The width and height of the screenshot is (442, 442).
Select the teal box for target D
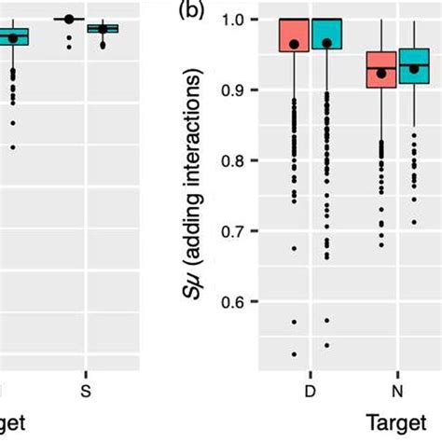326,33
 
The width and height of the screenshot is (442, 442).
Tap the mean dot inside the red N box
380,73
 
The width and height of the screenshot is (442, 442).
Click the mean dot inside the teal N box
415,68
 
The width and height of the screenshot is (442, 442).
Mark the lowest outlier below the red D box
293,354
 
